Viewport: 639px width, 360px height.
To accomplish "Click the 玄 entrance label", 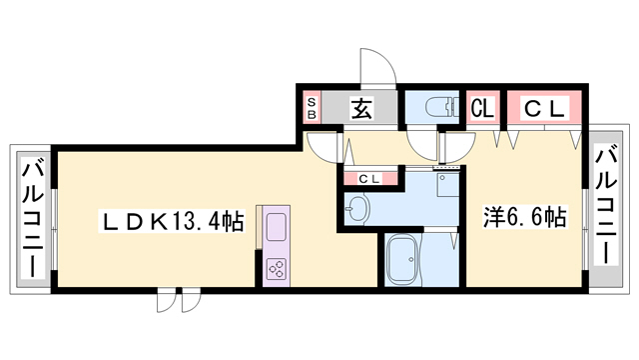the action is [361, 108].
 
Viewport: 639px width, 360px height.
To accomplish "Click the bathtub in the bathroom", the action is [406, 259].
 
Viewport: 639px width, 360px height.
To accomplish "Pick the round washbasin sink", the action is [357, 209].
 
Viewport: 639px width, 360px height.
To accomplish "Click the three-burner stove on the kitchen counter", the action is [276, 267].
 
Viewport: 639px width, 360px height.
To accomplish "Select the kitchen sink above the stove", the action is [276, 225].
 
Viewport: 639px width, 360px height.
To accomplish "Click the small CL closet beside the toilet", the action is [482, 107].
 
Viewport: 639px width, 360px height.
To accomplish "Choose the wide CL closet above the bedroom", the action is [543, 107].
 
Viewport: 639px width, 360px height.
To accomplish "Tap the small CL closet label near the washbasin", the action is [369, 178].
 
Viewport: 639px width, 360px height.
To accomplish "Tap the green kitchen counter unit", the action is [276, 245].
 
